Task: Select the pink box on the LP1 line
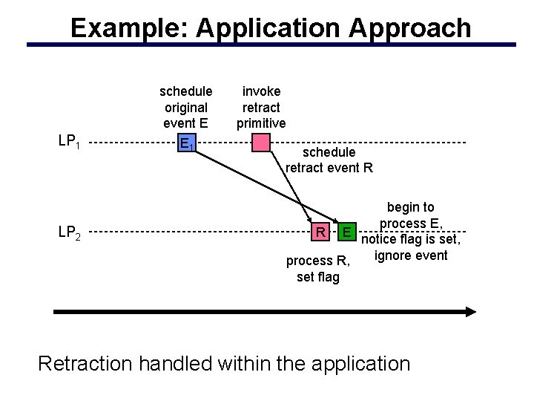(x=261, y=143)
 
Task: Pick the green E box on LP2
(x=346, y=232)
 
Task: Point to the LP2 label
(x=70, y=232)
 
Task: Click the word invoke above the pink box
(x=261, y=91)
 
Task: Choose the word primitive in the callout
(x=261, y=123)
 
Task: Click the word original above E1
(x=185, y=107)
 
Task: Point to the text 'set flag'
(x=317, y=277)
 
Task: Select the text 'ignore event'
(x=411, y=256)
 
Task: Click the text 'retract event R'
(x=329, y=168)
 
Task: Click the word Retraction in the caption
(x=88, y=364)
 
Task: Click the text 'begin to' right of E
(x=411, y=207)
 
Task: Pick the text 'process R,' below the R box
(x=317, y=261)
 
